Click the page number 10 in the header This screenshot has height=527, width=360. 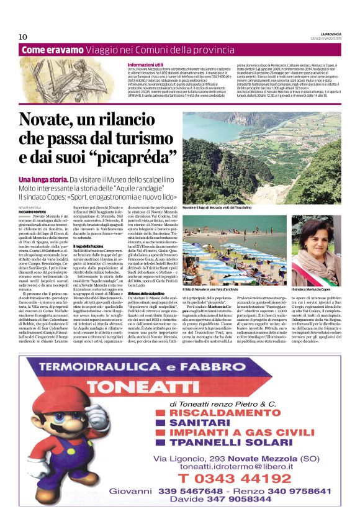click(x=23, y=37)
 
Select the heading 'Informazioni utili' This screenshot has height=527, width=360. click(x=145, y=65)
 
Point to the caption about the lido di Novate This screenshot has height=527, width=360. click(x=220, y=289)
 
